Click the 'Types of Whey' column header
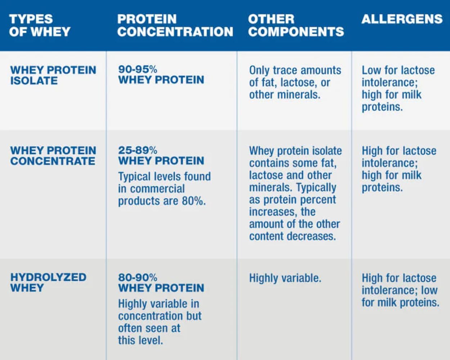(x=40, y=25)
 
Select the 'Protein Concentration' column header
(x=175, y=25)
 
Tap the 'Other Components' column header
(x=296, y=25)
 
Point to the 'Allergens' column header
(x=402, y=19)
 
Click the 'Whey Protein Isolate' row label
(x=53, y=75)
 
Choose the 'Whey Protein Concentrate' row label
(x=53, y=156)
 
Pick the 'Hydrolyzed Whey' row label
(x=48, y=283)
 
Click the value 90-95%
(x=138, y=69)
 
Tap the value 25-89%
(x=138, y=150)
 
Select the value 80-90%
(x=138, y=277)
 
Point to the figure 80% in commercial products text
(x=193, y=201)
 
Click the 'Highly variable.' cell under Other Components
(x=285, y=278)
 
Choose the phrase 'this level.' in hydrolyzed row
(x=140, y=340)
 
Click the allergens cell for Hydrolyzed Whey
(x=400, y=290)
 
